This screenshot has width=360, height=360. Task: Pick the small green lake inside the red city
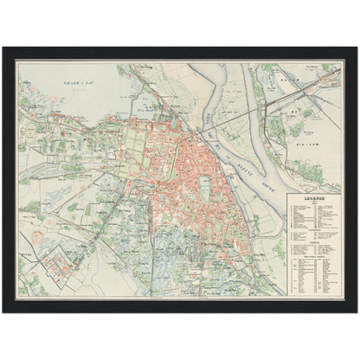[205, 186]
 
